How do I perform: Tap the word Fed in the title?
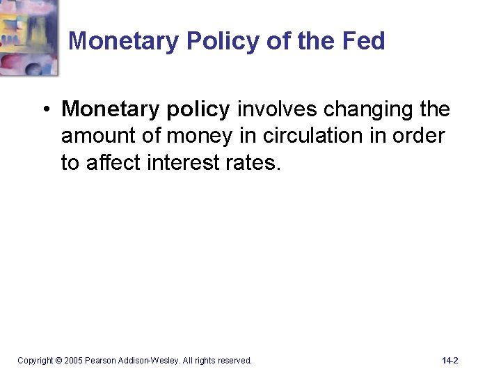pyautogui.click(x=363, y=42)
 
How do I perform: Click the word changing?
pyautogui.click(x=362, y=110)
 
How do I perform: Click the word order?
pyautogui.click(x=418, y=136)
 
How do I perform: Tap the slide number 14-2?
pyautogui.click(x=450, y=361)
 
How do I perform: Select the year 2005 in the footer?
pyautogui.click(x=74, y=361)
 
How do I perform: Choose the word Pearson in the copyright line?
pyautogui.click(x=101, y=361)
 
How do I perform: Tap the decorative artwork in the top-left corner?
pyautogui.click(x=29, y=36)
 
